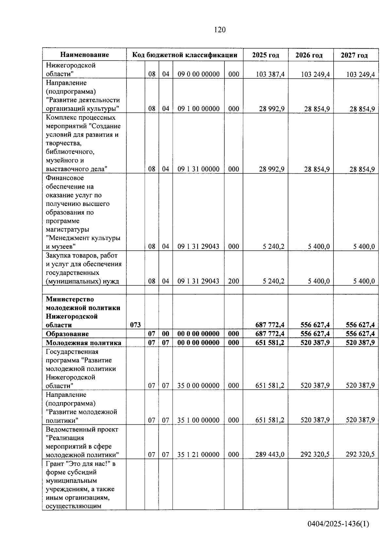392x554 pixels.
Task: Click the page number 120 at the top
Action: (x=220, y=30)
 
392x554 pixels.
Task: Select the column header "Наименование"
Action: (x=85, y=55)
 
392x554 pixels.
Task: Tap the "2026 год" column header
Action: (x=309, y=55)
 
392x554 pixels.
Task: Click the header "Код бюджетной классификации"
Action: (x=185, y=55)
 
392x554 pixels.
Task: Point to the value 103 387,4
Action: (x=270, y=74)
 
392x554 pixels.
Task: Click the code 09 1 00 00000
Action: (x=198, y=109)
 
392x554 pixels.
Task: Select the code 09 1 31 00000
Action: (x=198, y=169)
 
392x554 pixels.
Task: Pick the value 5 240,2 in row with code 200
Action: (x=273, y=281)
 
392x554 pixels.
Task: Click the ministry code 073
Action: (x=135, y=325)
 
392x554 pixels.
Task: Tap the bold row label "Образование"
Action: (x=67, y=334)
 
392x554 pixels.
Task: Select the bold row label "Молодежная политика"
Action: (x=83, y=342)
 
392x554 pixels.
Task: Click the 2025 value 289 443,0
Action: (x=270, y=454)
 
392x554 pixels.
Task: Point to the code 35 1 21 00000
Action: (x=198, y=454)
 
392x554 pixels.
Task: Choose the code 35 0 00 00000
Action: (x=198, y=386)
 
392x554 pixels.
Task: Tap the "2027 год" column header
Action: (x=354, y=55)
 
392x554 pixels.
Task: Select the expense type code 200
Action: (x=234, y=281)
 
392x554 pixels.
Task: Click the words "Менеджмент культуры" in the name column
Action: (x=83, y=238)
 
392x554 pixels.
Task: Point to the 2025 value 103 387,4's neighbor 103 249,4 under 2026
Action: (x=315, y=74)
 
